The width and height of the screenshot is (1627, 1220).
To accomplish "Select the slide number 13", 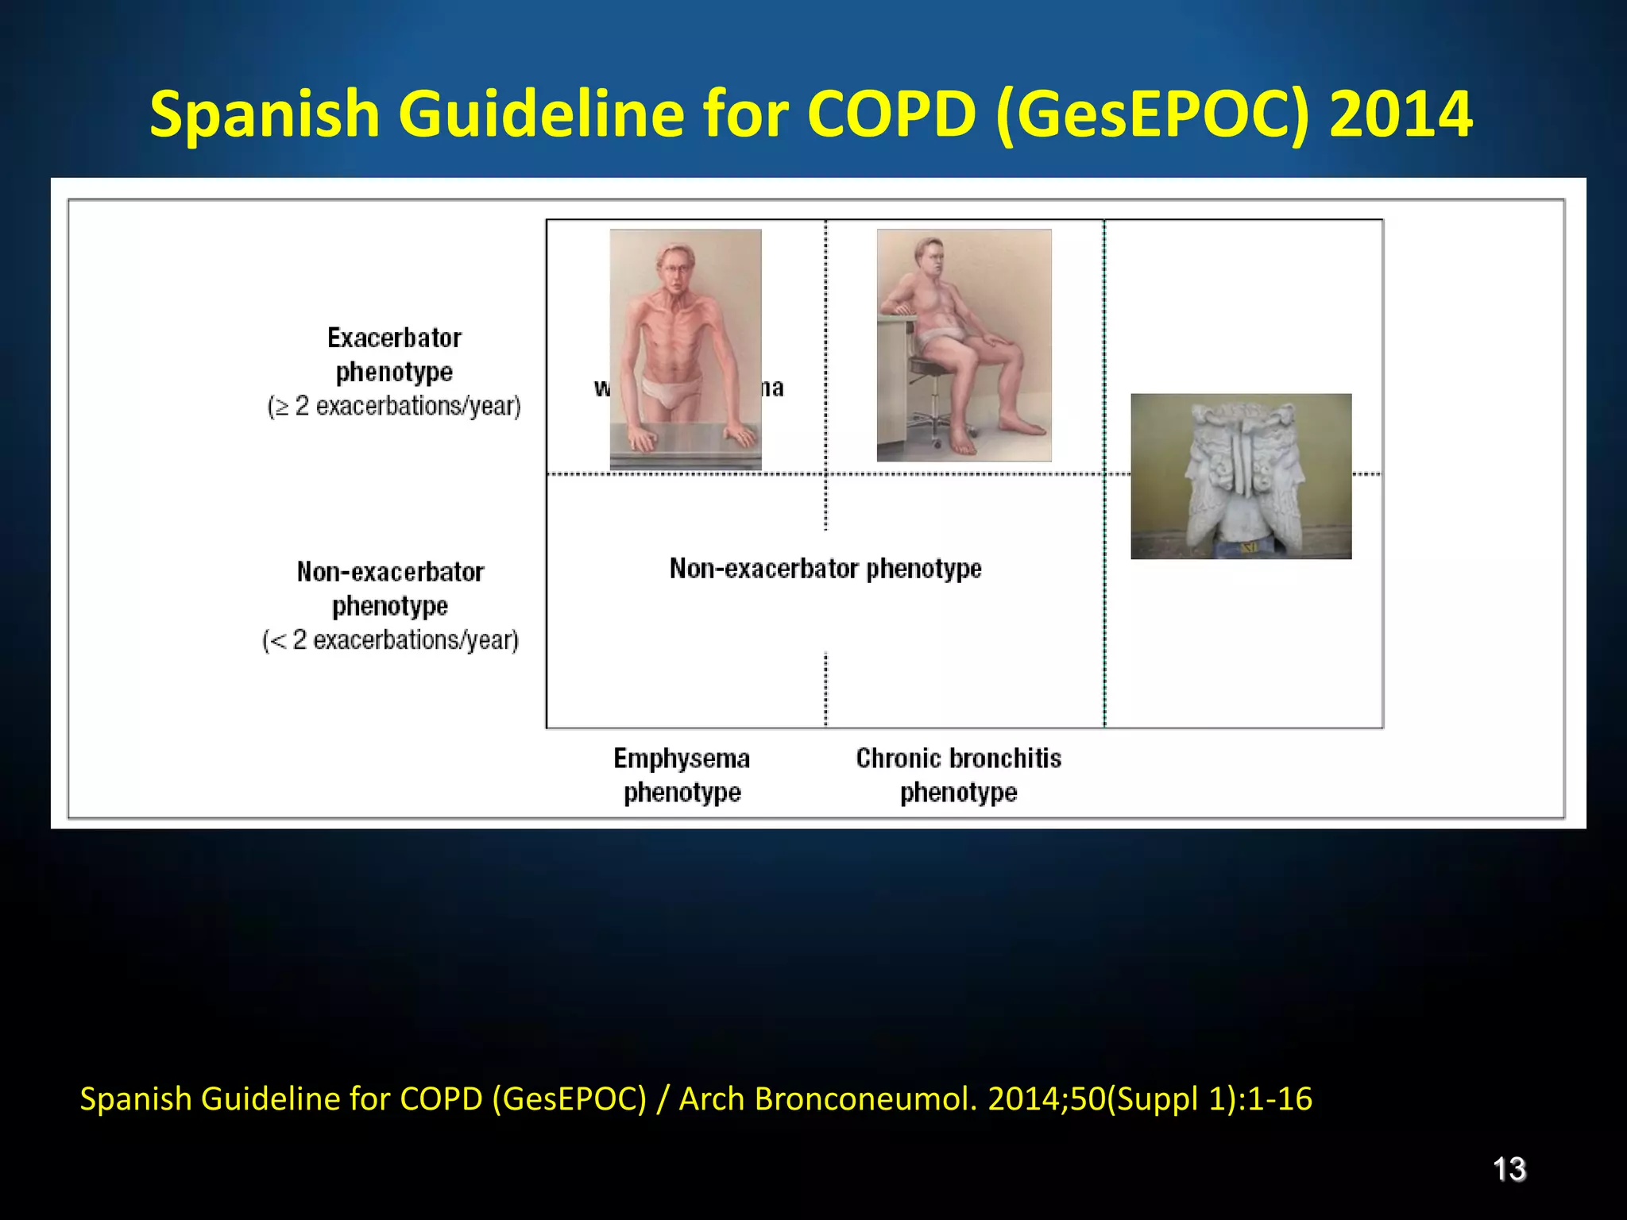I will click(1509, 1169).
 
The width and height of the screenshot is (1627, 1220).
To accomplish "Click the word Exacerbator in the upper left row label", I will click(394, 338).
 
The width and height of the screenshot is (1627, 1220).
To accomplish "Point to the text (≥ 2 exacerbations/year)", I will click(394, 407).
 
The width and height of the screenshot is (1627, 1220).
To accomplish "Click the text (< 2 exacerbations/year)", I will click(391, 640).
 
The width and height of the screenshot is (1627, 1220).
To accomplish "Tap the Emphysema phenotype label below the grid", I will click(682, 775).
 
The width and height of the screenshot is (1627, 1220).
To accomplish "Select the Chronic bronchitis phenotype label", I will click(959, 775).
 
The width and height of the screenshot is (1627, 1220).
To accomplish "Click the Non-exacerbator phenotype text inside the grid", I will click(825, 569).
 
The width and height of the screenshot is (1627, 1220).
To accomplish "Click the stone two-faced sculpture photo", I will click(1241, 476).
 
